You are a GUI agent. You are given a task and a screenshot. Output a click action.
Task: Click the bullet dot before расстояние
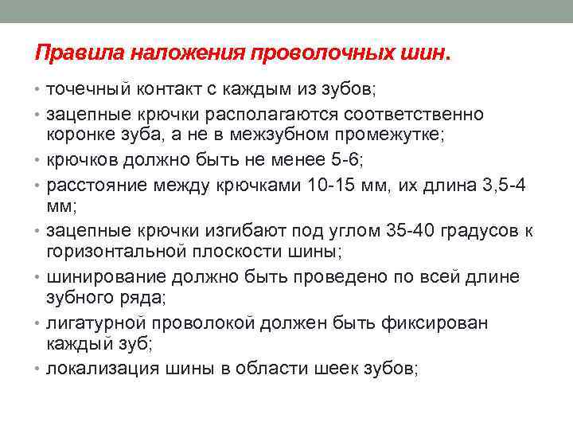point(39,186)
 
